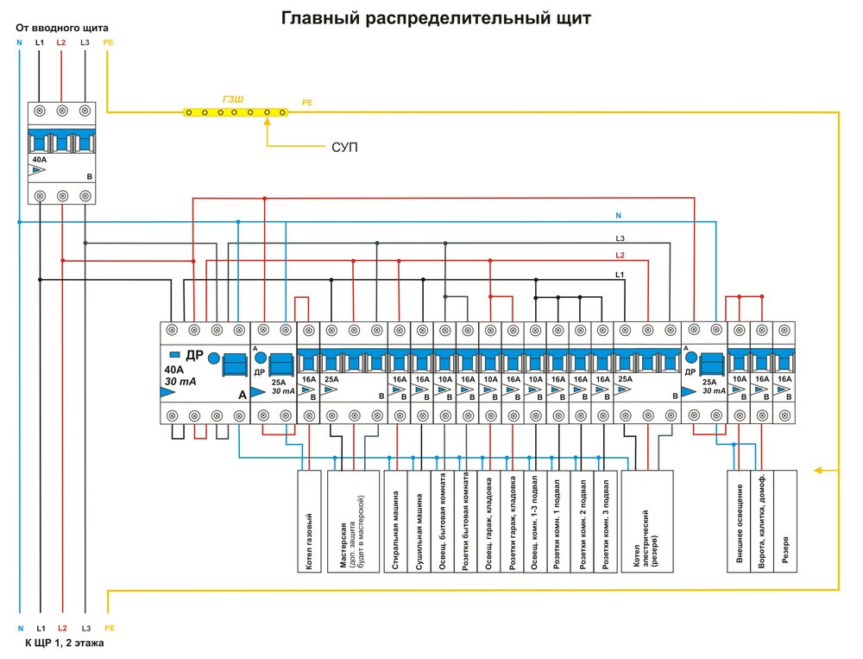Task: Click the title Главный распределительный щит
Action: [x=436, y=18]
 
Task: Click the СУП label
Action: [x=344, y=148]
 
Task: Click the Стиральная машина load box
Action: [x=396, y=522]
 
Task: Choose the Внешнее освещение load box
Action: [x=740, y=522]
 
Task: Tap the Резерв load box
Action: [x=785, y=522]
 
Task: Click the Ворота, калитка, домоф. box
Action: [x=762, y=522]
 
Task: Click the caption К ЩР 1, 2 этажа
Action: [x=66, y=644]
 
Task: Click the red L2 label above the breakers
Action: [x=619, y=256]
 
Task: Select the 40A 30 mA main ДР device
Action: [x=205, y=373]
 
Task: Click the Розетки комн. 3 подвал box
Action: [x=607, y=522]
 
